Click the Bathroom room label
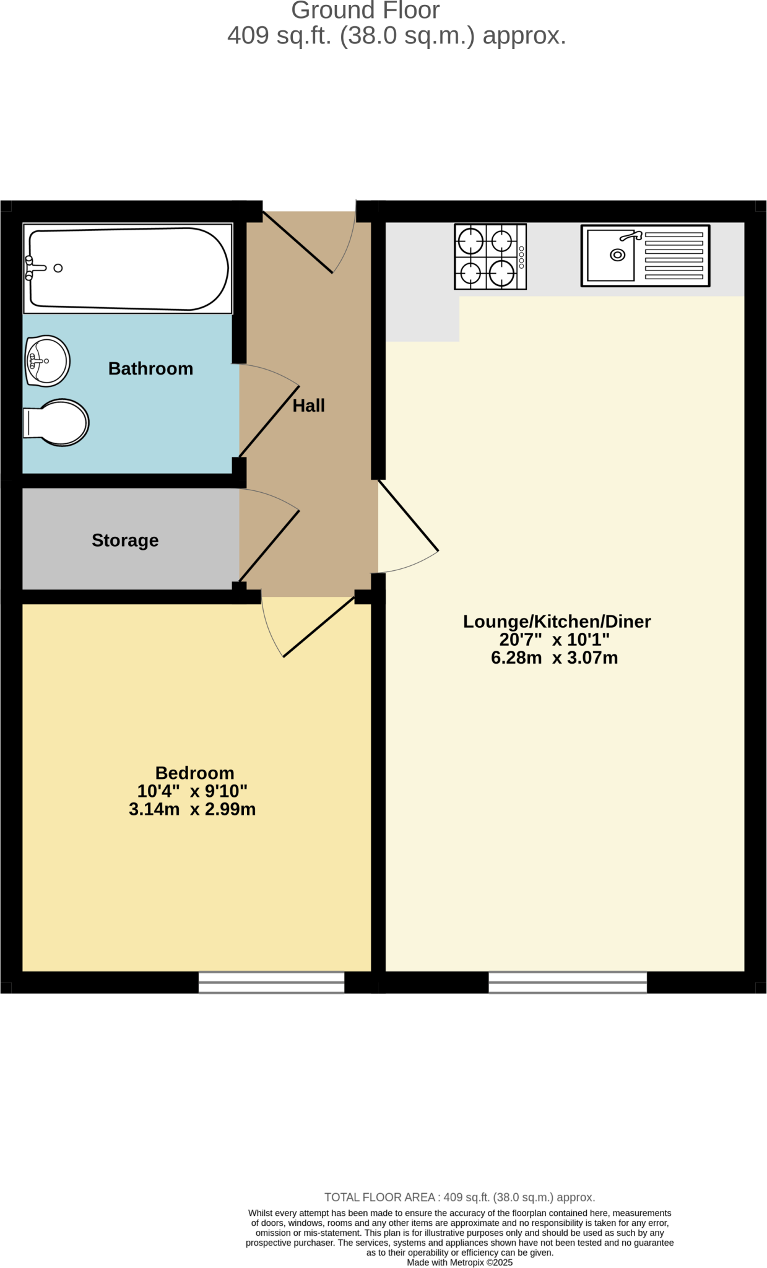click(x=150, y=368)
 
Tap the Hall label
click(x=308, y=406)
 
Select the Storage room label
click(x=125, y=541)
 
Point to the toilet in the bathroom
click(x=57, y=423)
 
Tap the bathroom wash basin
click(x=47, y=361)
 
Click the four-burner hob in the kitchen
click(x=490, y=256)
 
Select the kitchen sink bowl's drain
click(x=617, y=255)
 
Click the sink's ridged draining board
click(x=674, y=256)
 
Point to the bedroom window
click(x=271, y=982)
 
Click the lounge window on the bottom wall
click(x=568, y=982)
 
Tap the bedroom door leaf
click(x=319, y=627)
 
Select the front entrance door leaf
click(x=298, y=242)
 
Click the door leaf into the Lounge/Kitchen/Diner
click(x=409, y=515)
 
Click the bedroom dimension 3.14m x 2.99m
click(x=192, y=809)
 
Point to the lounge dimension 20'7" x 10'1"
click(x=554, y=640)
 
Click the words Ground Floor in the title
click(x=365, y=11)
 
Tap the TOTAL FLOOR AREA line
click(x=459, y=1197)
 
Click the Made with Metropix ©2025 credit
click(x=459, y=1262)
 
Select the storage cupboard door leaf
click(x=269, y=545)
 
